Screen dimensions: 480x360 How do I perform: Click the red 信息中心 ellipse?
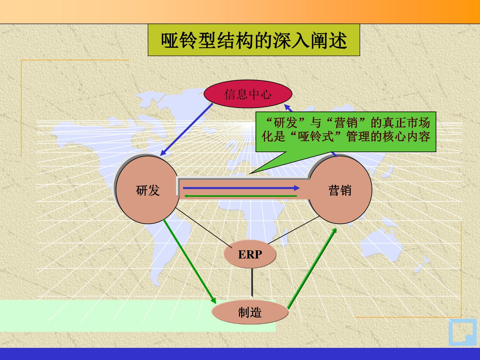(x=248, y=94)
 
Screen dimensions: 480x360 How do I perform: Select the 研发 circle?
(x=148, y=190)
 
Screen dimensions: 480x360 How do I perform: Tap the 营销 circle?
(x=340, y=190)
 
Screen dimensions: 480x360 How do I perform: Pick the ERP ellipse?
(x=250, y=254)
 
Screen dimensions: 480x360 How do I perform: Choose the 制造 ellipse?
(x=250, y=312)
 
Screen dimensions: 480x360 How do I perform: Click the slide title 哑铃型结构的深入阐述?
(x=254, y=40)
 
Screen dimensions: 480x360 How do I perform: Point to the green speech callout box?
(x=346, y=132)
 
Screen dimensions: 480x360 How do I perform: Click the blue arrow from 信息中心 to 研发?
(x=187, y=129)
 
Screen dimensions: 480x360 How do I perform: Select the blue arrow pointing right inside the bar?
(x=241, y=188)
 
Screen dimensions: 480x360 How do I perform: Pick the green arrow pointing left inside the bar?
(x=240, y=196)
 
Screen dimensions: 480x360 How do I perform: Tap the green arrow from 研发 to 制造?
(x=189, y=261)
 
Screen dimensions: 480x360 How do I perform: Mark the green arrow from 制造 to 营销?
(x=312, y=268)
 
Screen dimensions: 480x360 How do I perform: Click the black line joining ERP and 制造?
(x=252, y=283)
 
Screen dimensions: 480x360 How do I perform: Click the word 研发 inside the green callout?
(x=285, y=123)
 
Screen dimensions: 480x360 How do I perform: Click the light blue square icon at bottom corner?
(x=462, y=332)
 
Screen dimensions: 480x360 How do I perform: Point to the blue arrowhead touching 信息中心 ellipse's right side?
(x=288, y=108)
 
